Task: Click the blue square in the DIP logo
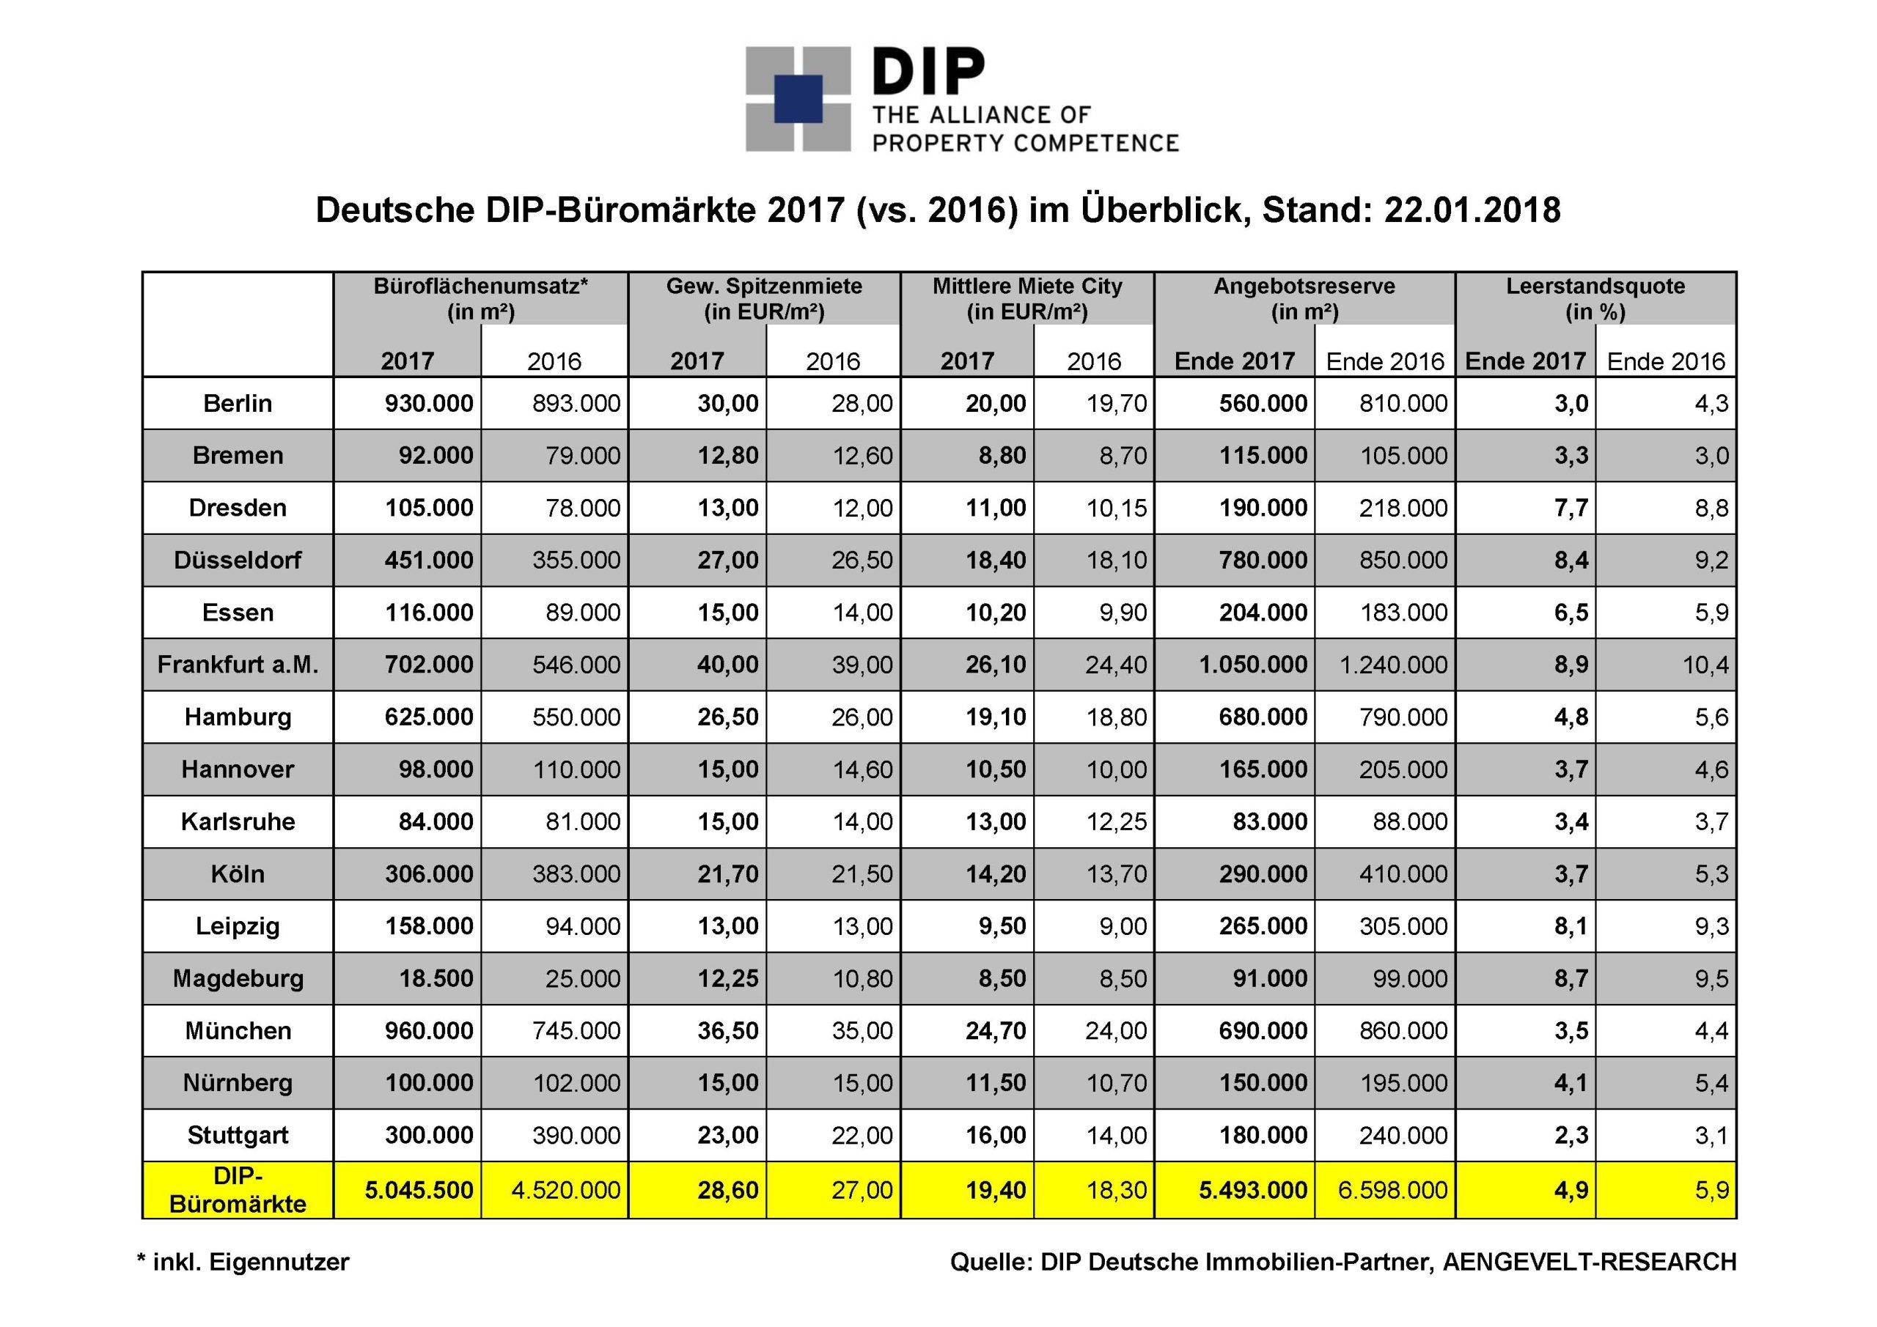(x=798, y=99)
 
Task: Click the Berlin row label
(x=237, y=404)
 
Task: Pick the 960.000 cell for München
(x=429, y=1031)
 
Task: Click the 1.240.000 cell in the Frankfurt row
(x=1393, y=665)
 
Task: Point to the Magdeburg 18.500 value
(x=436, y=979)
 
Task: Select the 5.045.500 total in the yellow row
(x=419, y=1190)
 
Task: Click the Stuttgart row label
(x=237, y=1136)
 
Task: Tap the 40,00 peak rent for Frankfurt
(x=727, y=665)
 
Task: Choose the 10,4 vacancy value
(x=1705, y=665)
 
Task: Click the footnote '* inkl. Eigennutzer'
(x=243, y=1263)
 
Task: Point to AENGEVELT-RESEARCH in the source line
(x=1590, y=1263)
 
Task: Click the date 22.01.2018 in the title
(x=1472, y=211)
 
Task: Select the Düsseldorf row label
(x=237, y=561)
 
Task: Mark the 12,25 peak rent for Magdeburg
(x=727, y=979)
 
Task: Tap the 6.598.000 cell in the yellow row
(x=1393, y=1190)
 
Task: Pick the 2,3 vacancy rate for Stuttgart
(x=1571, y=1136)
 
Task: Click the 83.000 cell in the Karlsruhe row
(x=1270, y=822)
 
